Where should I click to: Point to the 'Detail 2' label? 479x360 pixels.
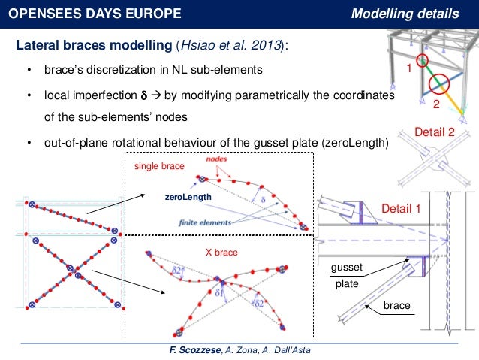435,132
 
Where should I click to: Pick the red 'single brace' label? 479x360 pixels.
158,165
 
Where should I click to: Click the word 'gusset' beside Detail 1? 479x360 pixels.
345,268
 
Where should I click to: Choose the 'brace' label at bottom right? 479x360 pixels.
396,307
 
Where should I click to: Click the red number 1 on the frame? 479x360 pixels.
409,68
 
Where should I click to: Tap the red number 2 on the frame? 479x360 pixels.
435,101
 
